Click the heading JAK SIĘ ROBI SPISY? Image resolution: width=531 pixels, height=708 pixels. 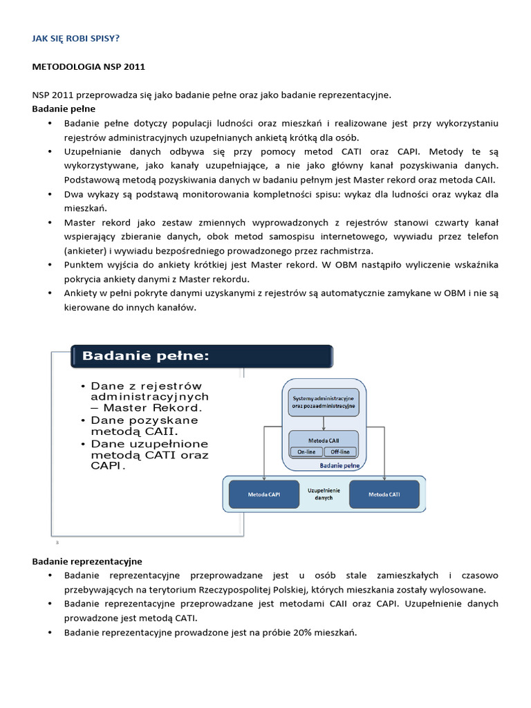coord(75,39)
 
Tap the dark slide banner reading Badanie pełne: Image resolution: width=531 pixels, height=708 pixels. coord(201,356)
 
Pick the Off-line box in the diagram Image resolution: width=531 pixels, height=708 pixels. coord(340,451)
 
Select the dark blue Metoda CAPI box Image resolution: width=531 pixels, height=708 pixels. coord(263,494)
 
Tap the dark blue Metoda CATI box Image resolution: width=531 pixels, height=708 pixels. coord(384,494)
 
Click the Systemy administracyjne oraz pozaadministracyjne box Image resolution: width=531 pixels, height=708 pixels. coord(324,402)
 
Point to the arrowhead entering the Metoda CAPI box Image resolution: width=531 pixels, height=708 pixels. coord(263,478)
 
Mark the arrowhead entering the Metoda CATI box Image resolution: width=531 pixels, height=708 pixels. coord(384,478)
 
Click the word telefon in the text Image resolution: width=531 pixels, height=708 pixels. coord(483,236)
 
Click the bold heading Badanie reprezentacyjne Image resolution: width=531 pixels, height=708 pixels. coord(87,561)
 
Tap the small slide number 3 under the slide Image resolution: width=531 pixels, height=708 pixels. coord(57,542)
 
